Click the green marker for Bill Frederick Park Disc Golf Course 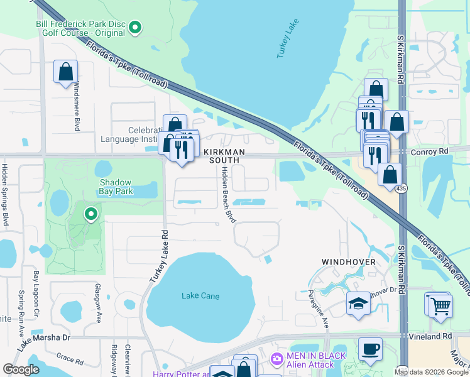135,27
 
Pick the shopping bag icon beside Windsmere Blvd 65,72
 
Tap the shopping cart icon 441,306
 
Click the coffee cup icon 370,349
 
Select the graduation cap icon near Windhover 359,303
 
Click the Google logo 21,369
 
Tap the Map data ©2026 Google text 430,372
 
